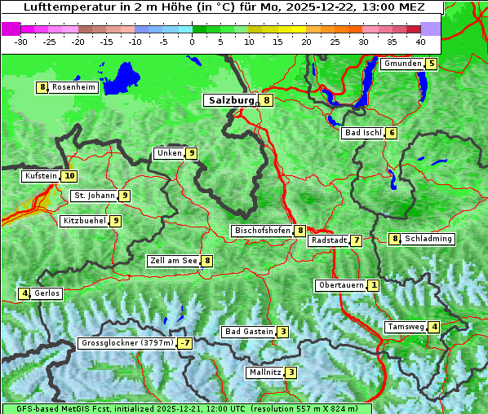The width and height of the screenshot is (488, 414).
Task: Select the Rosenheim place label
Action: [x=73, y=87]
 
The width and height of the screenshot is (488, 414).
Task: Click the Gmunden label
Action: [x=402, y=64]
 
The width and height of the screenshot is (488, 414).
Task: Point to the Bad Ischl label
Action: [x=362, y=133]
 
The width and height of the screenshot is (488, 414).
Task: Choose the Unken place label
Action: [x=169, y=153]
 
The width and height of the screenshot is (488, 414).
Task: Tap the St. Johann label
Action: [x=93, y=196]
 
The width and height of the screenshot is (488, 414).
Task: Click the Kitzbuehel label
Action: [x=84, y=221]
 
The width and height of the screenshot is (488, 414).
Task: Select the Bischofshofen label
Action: [x=262, y=231]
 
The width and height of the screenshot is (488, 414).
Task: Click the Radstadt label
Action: [x=328, y=240]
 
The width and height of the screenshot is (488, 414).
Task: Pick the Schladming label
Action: [x=428, y=239]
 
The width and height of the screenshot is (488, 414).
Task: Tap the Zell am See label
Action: [x=173, y=261]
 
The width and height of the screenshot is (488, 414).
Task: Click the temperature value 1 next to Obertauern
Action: [x=373, y=285]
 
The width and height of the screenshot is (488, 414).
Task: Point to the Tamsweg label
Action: [x=406, y=327]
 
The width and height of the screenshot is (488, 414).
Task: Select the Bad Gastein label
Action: [x=249, y=332]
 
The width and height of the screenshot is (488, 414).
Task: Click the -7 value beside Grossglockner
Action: [x=185, y=343]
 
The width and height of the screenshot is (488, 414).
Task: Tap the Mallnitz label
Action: [x=264, y=372]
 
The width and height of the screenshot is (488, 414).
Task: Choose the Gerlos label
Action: [x=47, y=293]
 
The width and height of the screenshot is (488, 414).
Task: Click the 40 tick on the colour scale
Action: [x=420, y=41]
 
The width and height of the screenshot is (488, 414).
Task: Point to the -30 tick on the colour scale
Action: [x=21, y=41]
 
